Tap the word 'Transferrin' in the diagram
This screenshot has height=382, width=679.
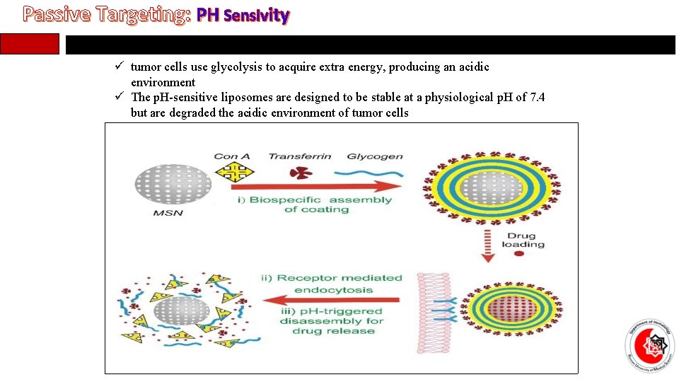coord(300,156)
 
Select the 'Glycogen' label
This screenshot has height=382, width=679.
coord(375,156)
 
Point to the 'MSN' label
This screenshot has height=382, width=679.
coord(168,213)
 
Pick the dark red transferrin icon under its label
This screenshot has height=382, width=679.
coord(301,173)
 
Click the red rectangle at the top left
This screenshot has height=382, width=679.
coord(39,44)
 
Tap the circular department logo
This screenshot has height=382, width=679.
coord(649,346)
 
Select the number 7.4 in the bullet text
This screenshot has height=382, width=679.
coord(536,98)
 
